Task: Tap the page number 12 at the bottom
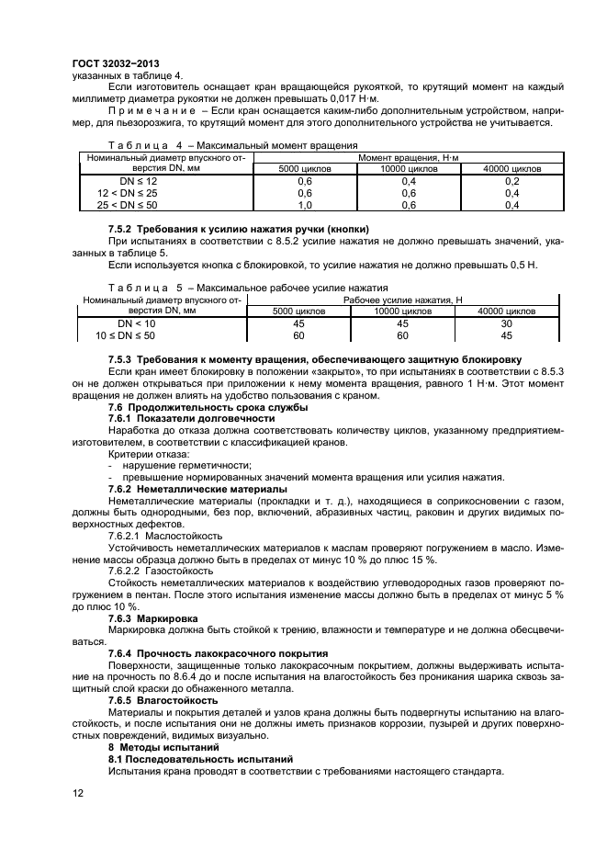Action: [x=77, y=789]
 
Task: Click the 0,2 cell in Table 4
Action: [x=512, y=181]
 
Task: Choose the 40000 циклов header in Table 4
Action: [x=512, y=169]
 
